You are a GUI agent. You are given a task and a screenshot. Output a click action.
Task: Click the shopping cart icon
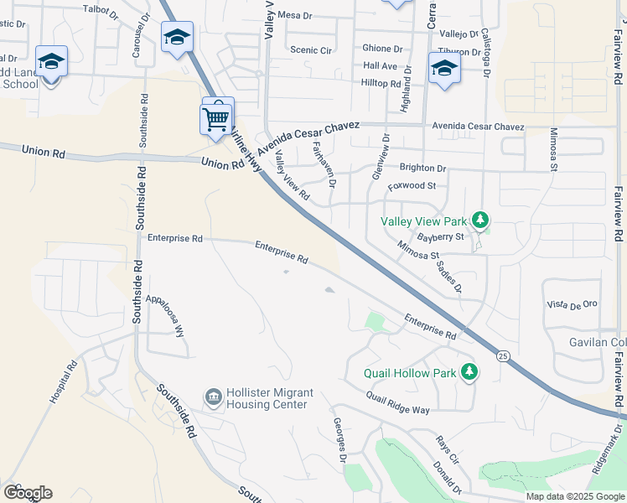click(x=216, y=118)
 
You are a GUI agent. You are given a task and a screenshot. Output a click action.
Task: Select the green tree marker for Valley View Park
click(x=480, y=221)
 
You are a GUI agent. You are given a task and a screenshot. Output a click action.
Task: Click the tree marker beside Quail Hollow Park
click(x=470, y=372)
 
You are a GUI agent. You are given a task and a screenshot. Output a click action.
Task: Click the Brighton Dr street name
click(x=422, y=169)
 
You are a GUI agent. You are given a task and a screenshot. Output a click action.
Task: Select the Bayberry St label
click(x=441, y=237)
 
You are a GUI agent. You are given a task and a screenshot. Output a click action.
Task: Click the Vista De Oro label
click(x=571, y=303)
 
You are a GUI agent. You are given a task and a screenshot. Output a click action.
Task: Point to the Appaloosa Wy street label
click(x=165, y=314)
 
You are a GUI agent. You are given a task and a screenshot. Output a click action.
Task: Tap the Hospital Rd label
click(x=63, y=383)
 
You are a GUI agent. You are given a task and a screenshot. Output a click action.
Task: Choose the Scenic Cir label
click(x=310, y=50)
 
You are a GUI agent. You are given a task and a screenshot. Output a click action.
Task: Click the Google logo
click(x=28, y=493)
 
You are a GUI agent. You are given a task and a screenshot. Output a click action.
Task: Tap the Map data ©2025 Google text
click(x=574, y=496)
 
